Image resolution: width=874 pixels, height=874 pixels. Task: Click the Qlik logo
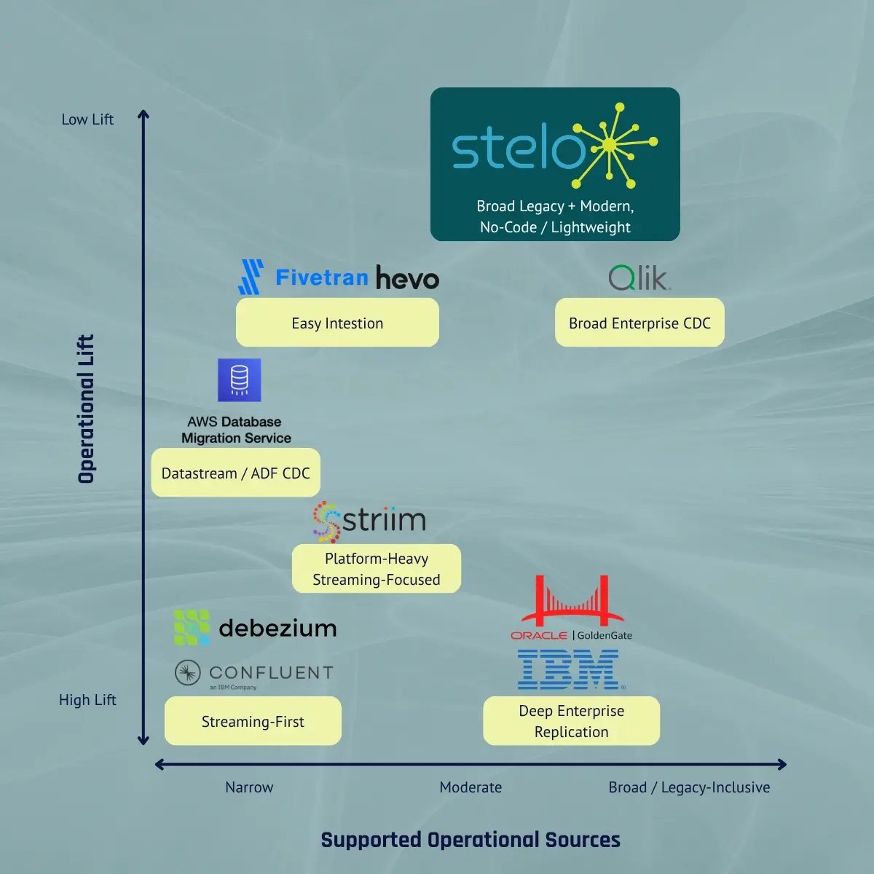[639, 277]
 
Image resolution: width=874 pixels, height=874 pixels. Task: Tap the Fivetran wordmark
[322, 277]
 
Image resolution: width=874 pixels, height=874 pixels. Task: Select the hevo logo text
[407, 277]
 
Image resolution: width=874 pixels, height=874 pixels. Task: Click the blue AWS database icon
[239, 380]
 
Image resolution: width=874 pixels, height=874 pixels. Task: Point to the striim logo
[370, 521]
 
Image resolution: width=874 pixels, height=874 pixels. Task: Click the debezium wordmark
[277, 629]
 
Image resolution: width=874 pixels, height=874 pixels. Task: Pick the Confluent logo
[254, 674]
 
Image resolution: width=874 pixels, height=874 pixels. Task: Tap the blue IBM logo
[569, 669]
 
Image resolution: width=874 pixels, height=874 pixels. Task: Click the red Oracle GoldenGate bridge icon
[572, 600]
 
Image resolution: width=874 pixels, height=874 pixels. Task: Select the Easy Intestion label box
[337, 323]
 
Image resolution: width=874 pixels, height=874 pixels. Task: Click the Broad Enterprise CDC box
[639, 323]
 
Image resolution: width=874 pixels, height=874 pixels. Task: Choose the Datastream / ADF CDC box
[235, 473]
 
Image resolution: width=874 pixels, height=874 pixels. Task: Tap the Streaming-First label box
[253, 721]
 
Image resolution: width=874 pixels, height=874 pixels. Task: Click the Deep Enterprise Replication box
[572, 721]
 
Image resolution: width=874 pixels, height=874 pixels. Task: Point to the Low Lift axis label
[87, 119]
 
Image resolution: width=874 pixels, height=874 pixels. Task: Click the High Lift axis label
[87, 700]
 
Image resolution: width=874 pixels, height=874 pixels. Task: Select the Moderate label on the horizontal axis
[471, 787]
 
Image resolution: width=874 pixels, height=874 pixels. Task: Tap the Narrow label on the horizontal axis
[249, 787]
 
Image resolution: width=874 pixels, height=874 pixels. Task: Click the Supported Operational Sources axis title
[471, 840]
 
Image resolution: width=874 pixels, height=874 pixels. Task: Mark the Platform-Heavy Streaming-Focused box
[377, 568]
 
